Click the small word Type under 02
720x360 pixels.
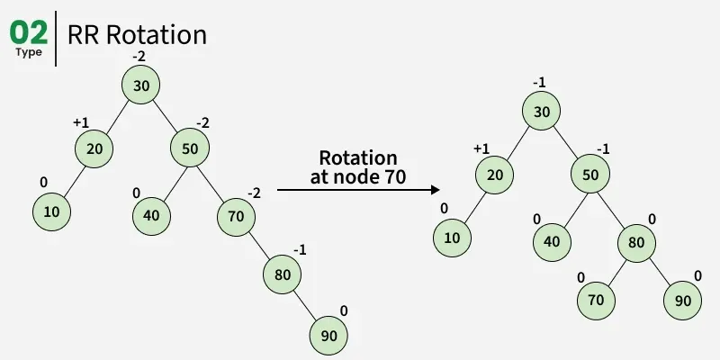(x=28, y=52)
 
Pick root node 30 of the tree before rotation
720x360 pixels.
(x=142, y=85)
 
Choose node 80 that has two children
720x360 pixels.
(x=635, y=242)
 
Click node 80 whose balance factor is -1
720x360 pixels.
(x=282, y=275)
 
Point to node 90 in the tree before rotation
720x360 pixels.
(x=328, y=336)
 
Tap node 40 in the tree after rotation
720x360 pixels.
(x=551, y=241)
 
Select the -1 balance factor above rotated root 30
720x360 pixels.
(x=540, y=83)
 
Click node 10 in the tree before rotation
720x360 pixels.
(x=50, y=213)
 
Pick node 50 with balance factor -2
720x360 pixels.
(x=190, y=148)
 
